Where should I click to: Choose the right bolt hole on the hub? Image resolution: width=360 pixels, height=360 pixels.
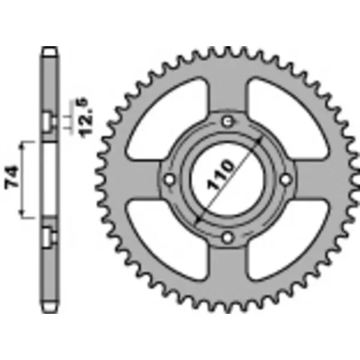[x=286, y=179]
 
